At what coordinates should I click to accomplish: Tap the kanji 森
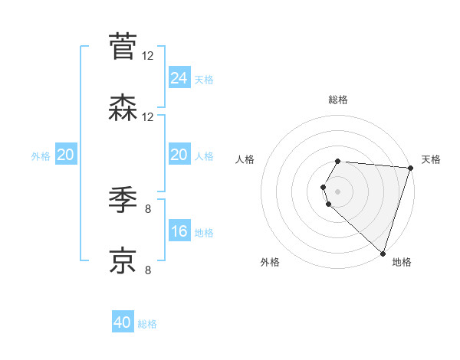(123, 108)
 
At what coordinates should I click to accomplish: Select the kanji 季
(123, 200)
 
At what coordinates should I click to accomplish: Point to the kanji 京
(123, 260)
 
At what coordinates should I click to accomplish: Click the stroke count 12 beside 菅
(148, 55)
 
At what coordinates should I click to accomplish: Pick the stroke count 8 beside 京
(148, 270)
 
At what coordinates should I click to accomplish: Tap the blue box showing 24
(179, 77)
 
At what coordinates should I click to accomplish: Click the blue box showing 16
(179, 231)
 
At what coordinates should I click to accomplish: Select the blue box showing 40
(123, 322)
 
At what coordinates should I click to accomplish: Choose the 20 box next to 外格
(65, 155)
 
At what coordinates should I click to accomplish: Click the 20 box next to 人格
(179, 155)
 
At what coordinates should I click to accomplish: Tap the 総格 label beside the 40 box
(147, 324)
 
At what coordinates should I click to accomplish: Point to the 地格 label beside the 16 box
(204, 233)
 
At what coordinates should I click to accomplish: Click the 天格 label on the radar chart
(431, 159)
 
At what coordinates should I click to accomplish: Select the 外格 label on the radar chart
(270, 262)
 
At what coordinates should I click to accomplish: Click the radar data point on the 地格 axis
(383, 254)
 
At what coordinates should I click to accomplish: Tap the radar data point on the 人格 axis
(324, 187)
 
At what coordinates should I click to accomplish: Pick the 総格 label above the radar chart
(338, 100)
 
